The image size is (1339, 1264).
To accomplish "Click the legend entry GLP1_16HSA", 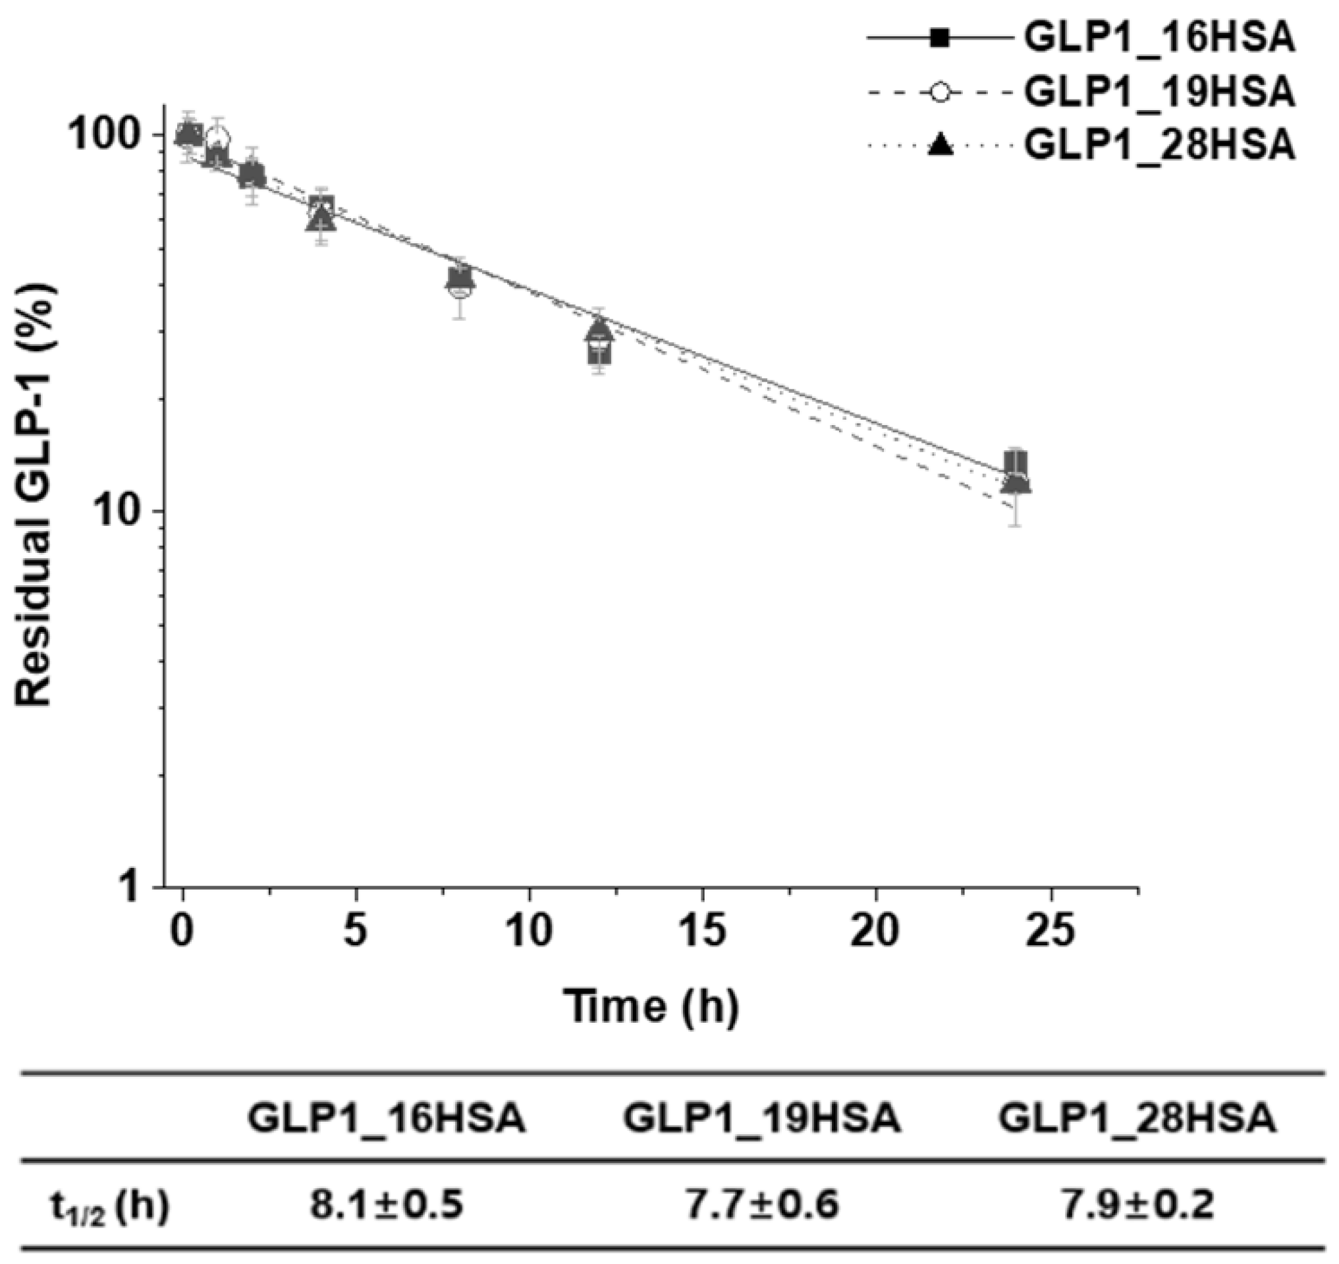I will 1159,39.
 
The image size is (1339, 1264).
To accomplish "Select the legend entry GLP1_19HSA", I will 1159,93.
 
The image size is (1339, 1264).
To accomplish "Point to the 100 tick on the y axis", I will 112,134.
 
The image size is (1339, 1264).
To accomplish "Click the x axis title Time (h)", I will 651,1006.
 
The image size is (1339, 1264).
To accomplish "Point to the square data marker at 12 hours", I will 599,353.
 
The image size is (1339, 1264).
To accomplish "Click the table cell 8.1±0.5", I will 387,1205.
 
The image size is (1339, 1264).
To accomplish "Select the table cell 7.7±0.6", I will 762,1205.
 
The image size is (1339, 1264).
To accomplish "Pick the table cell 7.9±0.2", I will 1137,1205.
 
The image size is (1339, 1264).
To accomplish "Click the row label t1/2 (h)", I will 109,1206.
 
